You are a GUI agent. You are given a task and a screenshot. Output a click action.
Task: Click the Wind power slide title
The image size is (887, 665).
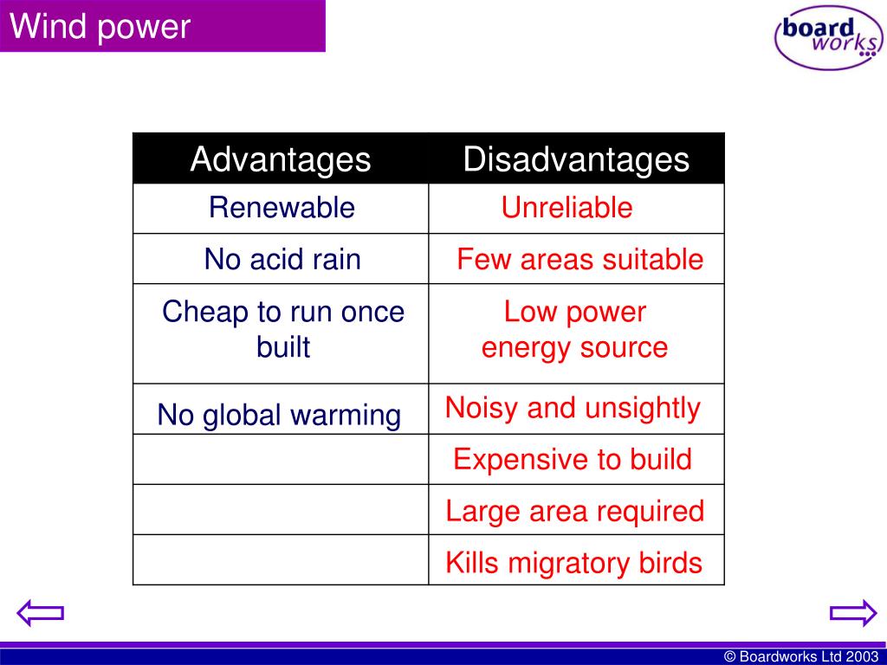pyautogui.click(x=100, y=27)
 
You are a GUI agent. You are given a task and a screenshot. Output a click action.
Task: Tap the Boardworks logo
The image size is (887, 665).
pyautogui.click(x=828, y=37)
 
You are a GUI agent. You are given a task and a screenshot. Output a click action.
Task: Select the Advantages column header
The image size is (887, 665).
pyautogui.click(x=281, y=159)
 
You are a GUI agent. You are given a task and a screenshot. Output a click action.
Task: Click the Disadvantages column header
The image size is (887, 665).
pyautogui.click(x=576, y=159)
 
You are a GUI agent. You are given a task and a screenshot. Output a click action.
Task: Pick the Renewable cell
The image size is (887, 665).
pyautogui.click(x=282, y=208)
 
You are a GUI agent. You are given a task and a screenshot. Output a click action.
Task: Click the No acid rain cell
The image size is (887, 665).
pyautogui.click(x=282, y=260)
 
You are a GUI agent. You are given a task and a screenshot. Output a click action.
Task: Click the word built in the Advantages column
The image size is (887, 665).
pyautogui.click(x=283, y=346)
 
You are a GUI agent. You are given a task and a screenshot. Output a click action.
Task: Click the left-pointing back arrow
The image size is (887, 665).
pyautogui.click(x=40, y=613)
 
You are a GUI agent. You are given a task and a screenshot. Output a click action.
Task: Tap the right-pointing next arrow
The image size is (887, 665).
pyautogui.click(x=853, y=613)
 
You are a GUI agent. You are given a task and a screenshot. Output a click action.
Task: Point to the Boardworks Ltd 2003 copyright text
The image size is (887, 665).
pyautogui.click(x=801, y=656)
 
